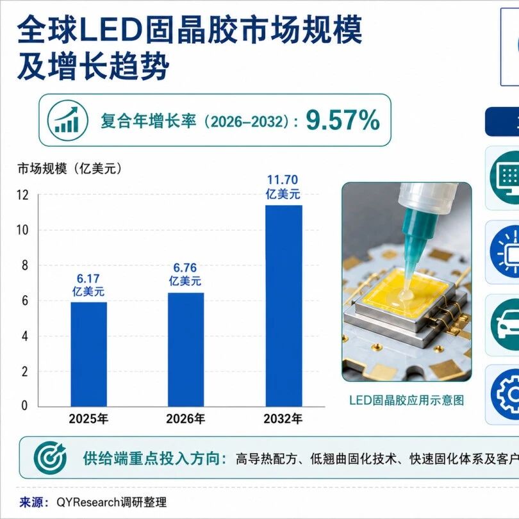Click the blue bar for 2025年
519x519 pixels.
[88, 354]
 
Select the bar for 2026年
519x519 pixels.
[186, 350]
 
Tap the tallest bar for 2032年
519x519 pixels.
[284, 306]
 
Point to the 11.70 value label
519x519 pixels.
[283, 180]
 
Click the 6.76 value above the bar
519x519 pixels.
[185, 267]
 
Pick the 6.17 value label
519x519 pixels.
[88, 278]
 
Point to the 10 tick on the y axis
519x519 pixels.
[22, 230]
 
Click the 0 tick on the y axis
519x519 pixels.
[24, 406]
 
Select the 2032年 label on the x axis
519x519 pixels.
[283, 419]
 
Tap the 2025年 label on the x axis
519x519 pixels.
[88, 419]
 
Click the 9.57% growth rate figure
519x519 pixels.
[342, 120]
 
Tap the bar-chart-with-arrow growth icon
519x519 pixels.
[67, 120]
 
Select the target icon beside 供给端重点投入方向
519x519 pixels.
[50, 457]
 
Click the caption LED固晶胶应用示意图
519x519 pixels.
[406, 400]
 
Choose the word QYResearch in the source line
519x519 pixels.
[88, 502]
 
